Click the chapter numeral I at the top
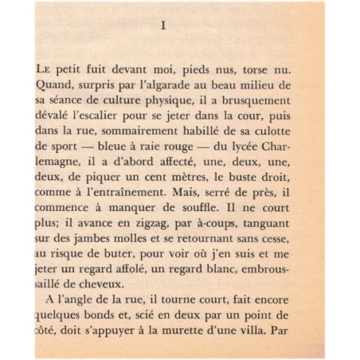(x=162, y=26)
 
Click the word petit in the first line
(x=72, y=68)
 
